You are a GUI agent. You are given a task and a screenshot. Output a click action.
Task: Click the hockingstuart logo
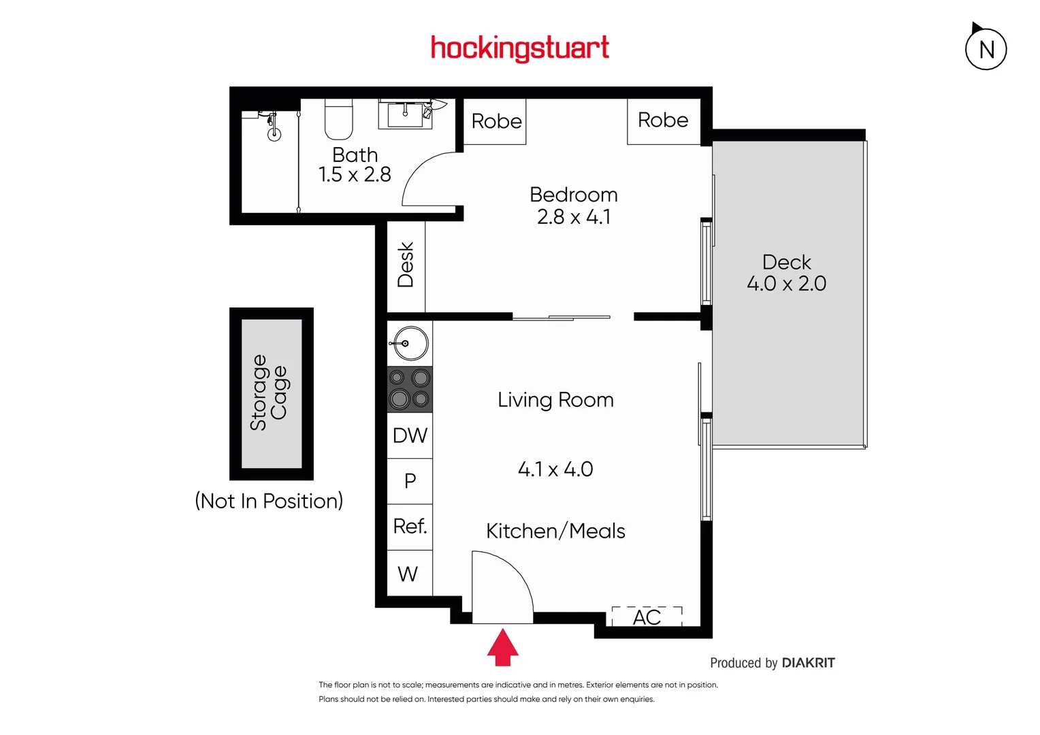tap(520, 48)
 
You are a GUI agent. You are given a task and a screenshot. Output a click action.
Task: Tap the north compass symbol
tap(986, 49)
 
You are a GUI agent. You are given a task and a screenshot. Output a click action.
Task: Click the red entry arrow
tap(502, 647)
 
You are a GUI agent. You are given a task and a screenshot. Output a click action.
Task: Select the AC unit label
tap(647, 617)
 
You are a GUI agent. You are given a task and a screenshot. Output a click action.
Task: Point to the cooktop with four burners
tap(410, 389)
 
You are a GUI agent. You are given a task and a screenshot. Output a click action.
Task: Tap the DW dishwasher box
tap(410, 436)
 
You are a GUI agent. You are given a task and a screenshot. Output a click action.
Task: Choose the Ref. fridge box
tap(410, 526)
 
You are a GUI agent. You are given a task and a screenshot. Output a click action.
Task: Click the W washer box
tap(408, 574)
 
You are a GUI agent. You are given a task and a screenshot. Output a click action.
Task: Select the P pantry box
tap(410, 481)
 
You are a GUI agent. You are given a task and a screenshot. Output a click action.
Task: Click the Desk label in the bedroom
tap(406, 265)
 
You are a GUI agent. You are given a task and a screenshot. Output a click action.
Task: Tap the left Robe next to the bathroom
tap(496, 121)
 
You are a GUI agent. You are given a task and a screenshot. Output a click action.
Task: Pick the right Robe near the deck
tap(663, 120)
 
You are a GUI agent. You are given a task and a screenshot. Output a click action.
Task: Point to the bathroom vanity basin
tap(405, 113)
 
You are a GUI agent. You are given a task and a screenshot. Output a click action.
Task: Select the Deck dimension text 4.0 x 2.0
tap(786, 284)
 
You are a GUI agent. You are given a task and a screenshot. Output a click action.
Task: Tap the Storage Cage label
tap(270, 393)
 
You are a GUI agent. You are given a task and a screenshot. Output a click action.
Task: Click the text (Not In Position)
tap(269, 501)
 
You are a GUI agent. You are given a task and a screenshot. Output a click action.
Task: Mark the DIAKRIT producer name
tap(808, 663)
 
